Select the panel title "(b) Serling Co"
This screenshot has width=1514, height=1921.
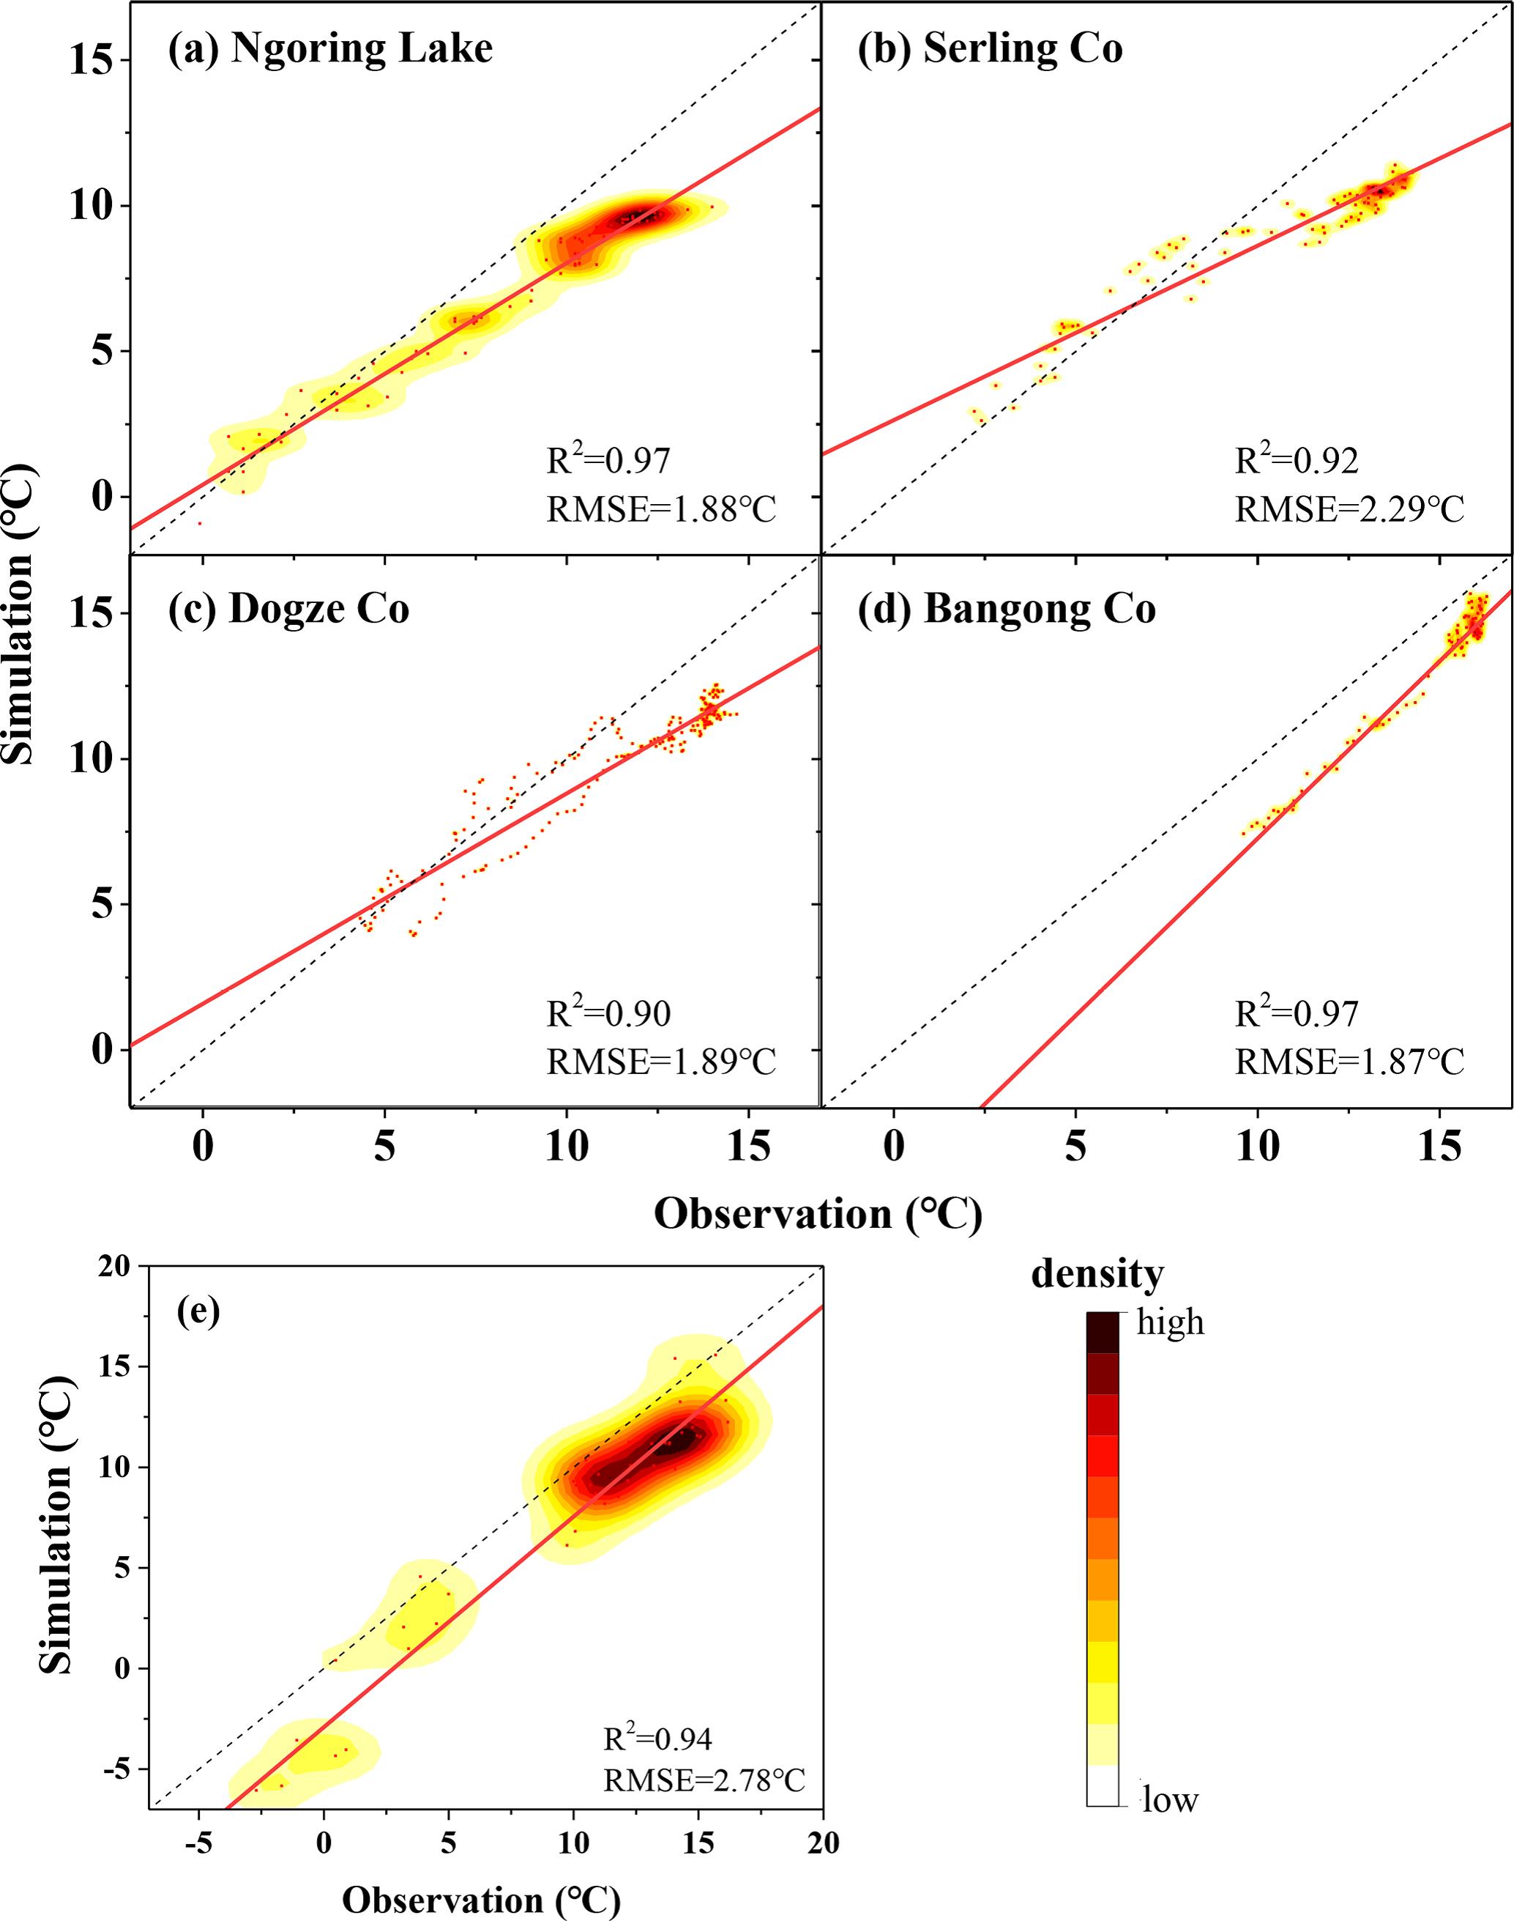(x=989, y=49)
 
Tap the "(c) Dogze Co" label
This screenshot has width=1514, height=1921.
(x=288, y=610)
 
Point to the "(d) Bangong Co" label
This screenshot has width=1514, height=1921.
(x=1006, y=610)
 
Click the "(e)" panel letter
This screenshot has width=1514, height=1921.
(x=198, y=1310)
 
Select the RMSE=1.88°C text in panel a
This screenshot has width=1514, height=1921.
(x=661, y=510)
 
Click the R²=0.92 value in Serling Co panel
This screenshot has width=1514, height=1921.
(x=1296, y=460)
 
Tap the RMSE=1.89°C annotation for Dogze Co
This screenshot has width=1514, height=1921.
(x=661, y=1062)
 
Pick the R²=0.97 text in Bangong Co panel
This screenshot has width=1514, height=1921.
(x=1296, y=1013)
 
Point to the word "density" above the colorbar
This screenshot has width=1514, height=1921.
(x=1097, y=1275)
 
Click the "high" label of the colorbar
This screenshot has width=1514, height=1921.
(x=1170, y=1322)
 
